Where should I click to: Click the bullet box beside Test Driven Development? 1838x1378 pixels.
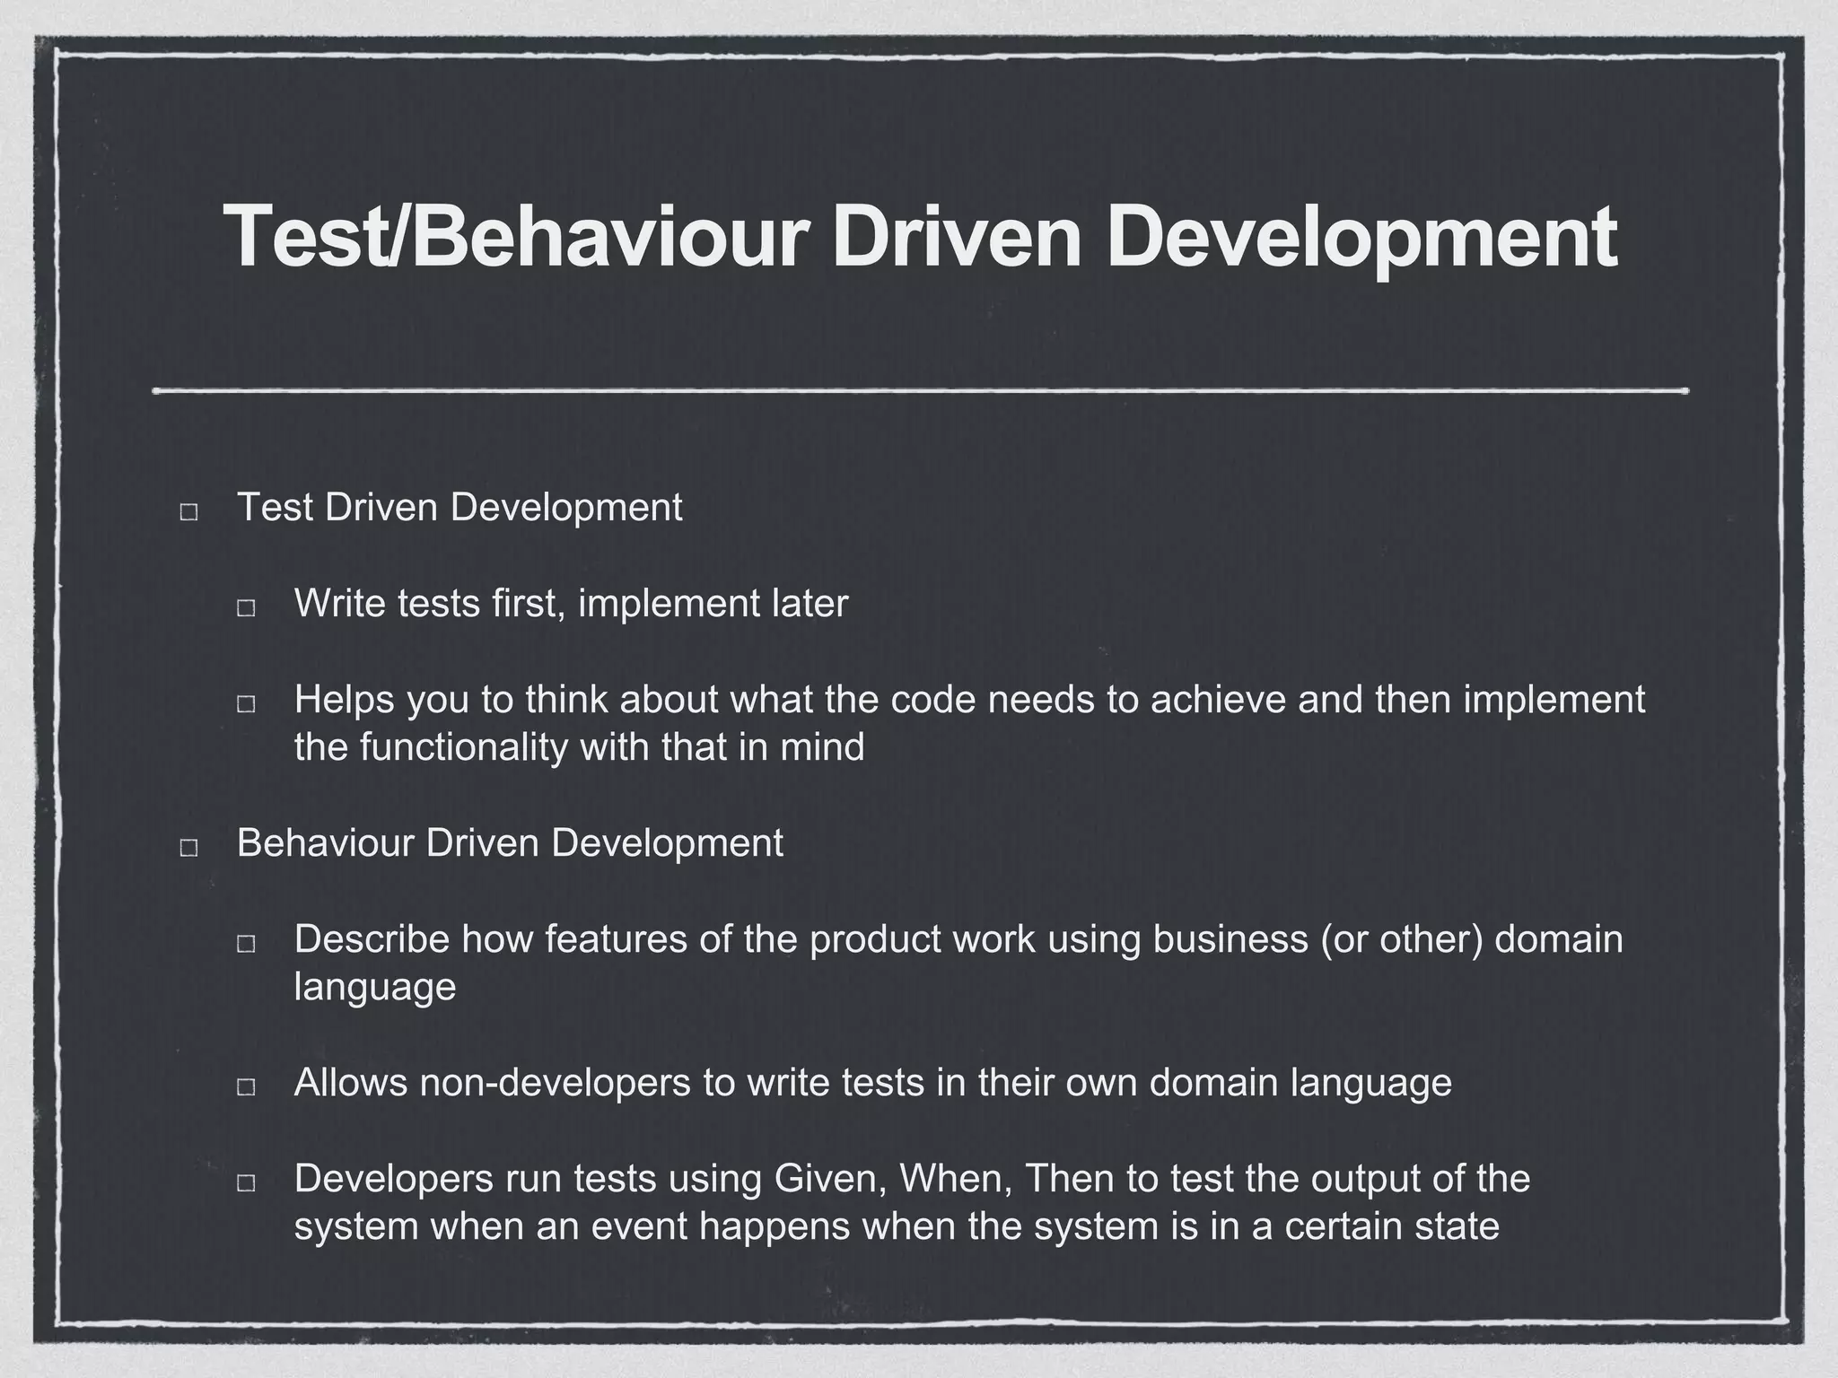pyautogui.click(x=189, y=512)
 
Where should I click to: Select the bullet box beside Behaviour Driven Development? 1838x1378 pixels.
pyautogui.click(x=189, y=848)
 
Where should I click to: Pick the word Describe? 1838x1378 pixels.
pyautogui.click(x=372, y=939)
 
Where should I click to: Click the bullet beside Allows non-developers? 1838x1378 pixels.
pyautogui.click(x=246, y=1087)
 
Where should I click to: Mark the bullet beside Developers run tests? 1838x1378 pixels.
pyautogui.click(x=246, y=1183)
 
